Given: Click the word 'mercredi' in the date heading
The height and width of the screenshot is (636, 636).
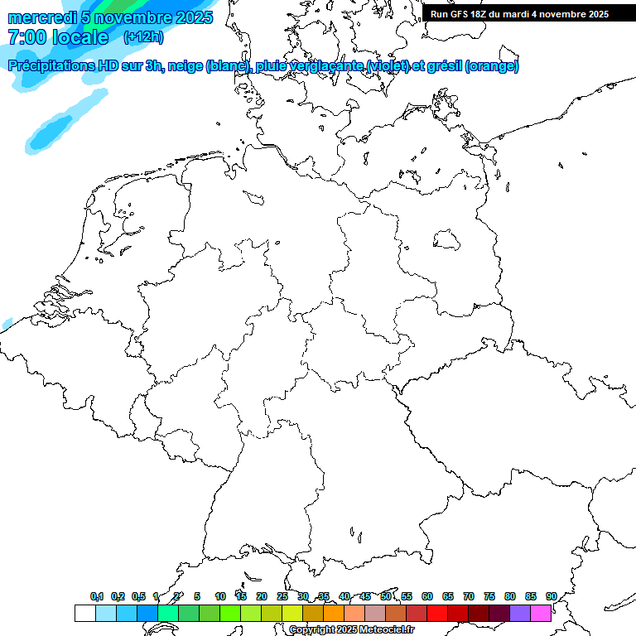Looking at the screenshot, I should (x=42, y=17).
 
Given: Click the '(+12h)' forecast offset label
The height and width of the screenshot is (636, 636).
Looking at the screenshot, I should (x=143, y=37).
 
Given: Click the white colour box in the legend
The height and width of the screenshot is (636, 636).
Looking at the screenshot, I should (x=84, y=613).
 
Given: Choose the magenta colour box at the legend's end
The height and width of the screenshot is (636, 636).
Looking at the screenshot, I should (x=541, y=613).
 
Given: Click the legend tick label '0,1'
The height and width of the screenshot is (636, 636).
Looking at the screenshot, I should (x=97, y=596).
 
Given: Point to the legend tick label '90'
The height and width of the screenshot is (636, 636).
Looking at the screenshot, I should (x=551, y=596).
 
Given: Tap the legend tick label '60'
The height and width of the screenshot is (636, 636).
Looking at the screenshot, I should (x=427, y=596).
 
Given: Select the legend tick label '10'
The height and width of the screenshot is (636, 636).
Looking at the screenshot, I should (x=220, y=596).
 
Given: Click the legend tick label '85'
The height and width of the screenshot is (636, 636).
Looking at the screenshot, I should (x=530, y=596).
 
